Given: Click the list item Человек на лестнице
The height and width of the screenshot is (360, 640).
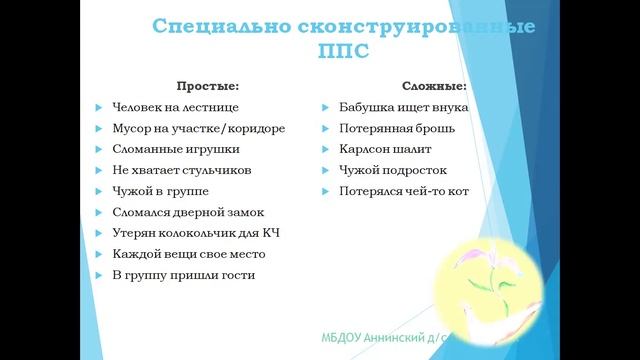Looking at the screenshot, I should (175, 107).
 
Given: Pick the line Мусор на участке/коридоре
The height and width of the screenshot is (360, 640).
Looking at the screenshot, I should (199, 128).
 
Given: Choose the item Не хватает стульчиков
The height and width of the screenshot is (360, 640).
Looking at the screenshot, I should (181, 170).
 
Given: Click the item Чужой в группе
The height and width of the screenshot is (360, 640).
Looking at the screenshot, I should (156, 191).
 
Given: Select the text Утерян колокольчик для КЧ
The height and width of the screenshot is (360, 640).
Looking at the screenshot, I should (195, 233).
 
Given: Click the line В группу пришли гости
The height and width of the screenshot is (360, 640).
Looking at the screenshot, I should (184, 275).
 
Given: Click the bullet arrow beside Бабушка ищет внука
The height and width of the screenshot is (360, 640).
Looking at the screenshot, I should (327, 107).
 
